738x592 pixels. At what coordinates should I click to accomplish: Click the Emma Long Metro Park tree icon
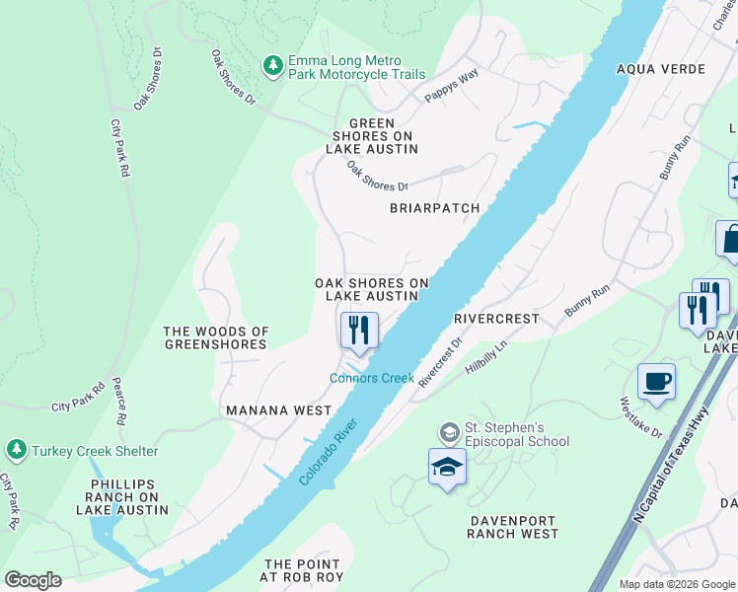(x=273, y=66)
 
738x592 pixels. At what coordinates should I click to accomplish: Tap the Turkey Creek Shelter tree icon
(x=16, y=451)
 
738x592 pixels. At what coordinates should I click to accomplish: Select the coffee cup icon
(x=656, y=381)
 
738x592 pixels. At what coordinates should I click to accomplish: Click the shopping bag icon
(x=731, y=239)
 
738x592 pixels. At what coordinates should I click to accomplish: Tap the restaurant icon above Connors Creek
(x=359, y=330)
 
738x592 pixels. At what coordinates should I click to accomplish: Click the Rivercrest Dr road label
(x=440, y=364)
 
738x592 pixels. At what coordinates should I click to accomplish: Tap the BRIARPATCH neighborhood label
(x=434, y=208)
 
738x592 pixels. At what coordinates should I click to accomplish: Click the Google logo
(x=33, y=579)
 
